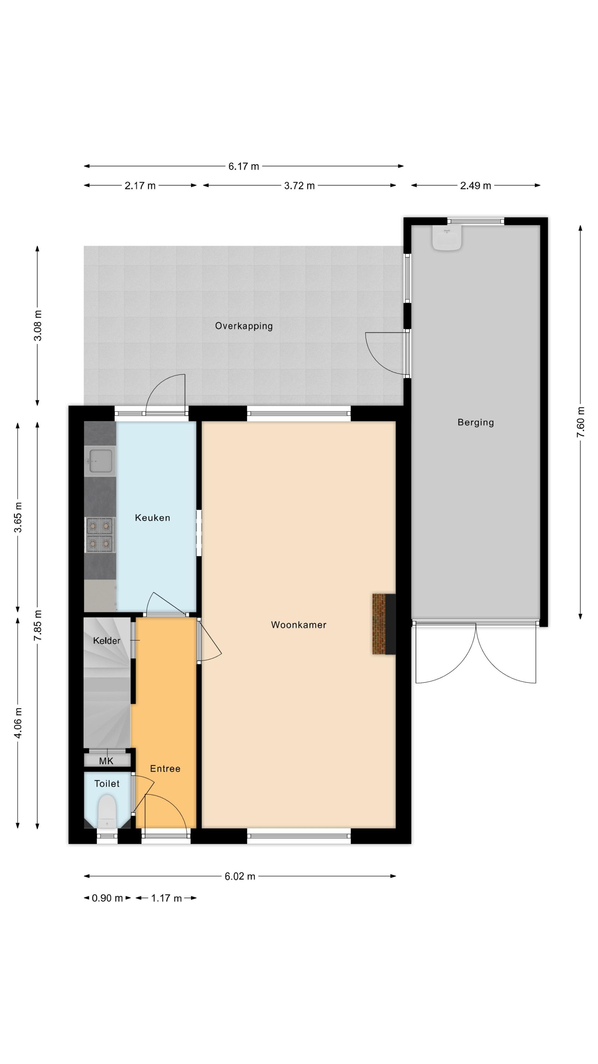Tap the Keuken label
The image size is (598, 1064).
point(152,518)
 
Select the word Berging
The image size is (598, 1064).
point(475,422)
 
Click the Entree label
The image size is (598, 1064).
point(165,769)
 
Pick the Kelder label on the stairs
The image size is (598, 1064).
point(106,641)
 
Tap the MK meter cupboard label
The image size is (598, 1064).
point(106,761)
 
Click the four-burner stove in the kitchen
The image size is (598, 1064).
point(100,535)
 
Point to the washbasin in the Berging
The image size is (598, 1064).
point(446,238)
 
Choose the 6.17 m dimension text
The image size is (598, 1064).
point(243,166)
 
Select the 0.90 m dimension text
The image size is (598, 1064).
point(107,898)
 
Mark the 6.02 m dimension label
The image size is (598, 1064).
point(240,876)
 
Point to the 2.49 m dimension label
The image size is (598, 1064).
point(475,186)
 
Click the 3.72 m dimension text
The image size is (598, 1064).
point(299,186)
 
